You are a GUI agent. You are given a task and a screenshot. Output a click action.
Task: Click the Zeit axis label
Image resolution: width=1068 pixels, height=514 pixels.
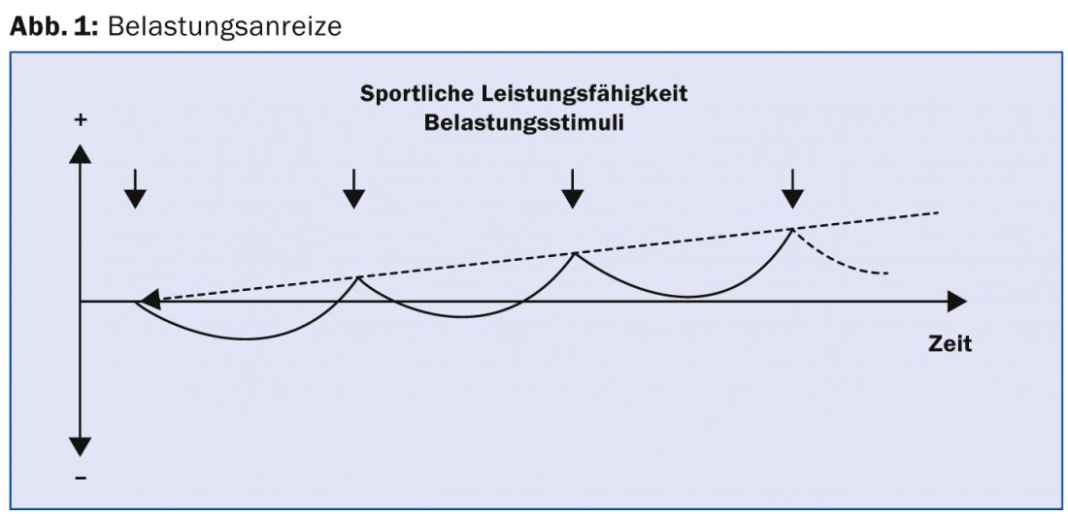[x=950, y=343]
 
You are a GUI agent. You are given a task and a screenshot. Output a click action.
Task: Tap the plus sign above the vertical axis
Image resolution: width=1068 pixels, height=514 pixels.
[x=81, y=120]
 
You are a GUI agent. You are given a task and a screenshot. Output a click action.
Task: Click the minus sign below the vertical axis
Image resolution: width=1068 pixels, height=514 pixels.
[x=81, y=477]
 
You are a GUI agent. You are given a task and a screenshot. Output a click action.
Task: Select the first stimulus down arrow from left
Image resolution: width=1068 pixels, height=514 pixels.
[x=135, y=188]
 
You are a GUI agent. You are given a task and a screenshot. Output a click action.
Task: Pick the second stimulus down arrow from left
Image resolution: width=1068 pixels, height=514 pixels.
[x=354, y=188]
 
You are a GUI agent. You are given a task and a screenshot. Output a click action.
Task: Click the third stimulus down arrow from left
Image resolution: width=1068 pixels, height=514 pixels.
[x=574, y=188]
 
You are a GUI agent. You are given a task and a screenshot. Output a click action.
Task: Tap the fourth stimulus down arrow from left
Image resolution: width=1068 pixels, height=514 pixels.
[x=793, y=188]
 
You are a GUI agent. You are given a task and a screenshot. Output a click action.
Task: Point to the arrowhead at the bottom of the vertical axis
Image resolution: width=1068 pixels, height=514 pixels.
[x=81, y=447]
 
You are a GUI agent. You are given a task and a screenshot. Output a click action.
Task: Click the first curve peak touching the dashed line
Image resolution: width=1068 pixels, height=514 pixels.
[x=358, y=277]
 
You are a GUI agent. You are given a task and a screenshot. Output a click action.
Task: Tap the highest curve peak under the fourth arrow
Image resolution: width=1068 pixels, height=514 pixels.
[x=793, y=230]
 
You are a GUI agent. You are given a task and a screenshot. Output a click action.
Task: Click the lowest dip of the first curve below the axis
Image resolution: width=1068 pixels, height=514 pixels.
[x=243, y=338]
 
